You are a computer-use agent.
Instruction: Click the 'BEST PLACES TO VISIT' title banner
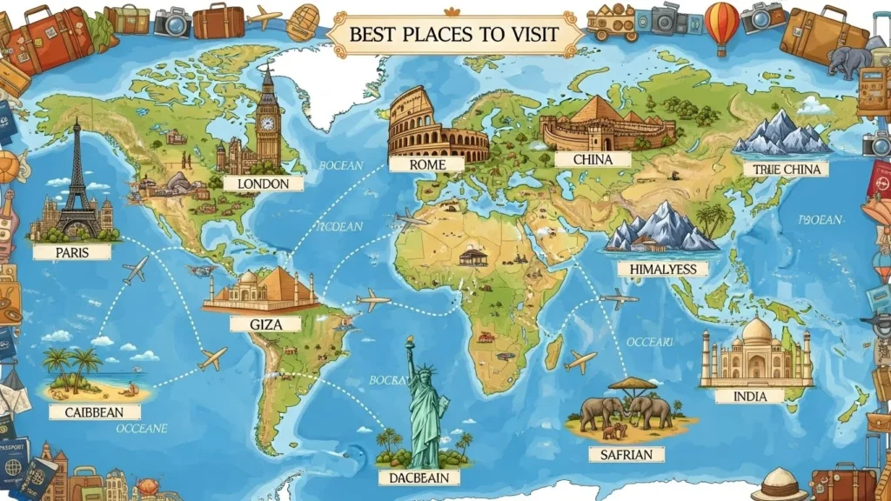(x=453, y=34)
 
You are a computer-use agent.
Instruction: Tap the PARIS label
(x=72, y=251)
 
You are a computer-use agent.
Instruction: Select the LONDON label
(x=263, y=184)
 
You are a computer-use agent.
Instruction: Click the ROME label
(x=427, y=164)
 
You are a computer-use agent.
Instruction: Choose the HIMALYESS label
(x=662, y=269)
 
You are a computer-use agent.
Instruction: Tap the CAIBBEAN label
(x=94, y=411)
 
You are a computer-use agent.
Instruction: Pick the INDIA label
(x=750, y=396)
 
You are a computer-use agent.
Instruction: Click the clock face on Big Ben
(x=267, y=123)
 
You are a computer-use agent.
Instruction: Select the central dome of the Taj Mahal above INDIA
(x=757, y=332)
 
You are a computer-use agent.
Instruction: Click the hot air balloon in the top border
(x=721, y=24)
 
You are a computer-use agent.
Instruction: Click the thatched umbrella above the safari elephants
(x=632, y=384)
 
